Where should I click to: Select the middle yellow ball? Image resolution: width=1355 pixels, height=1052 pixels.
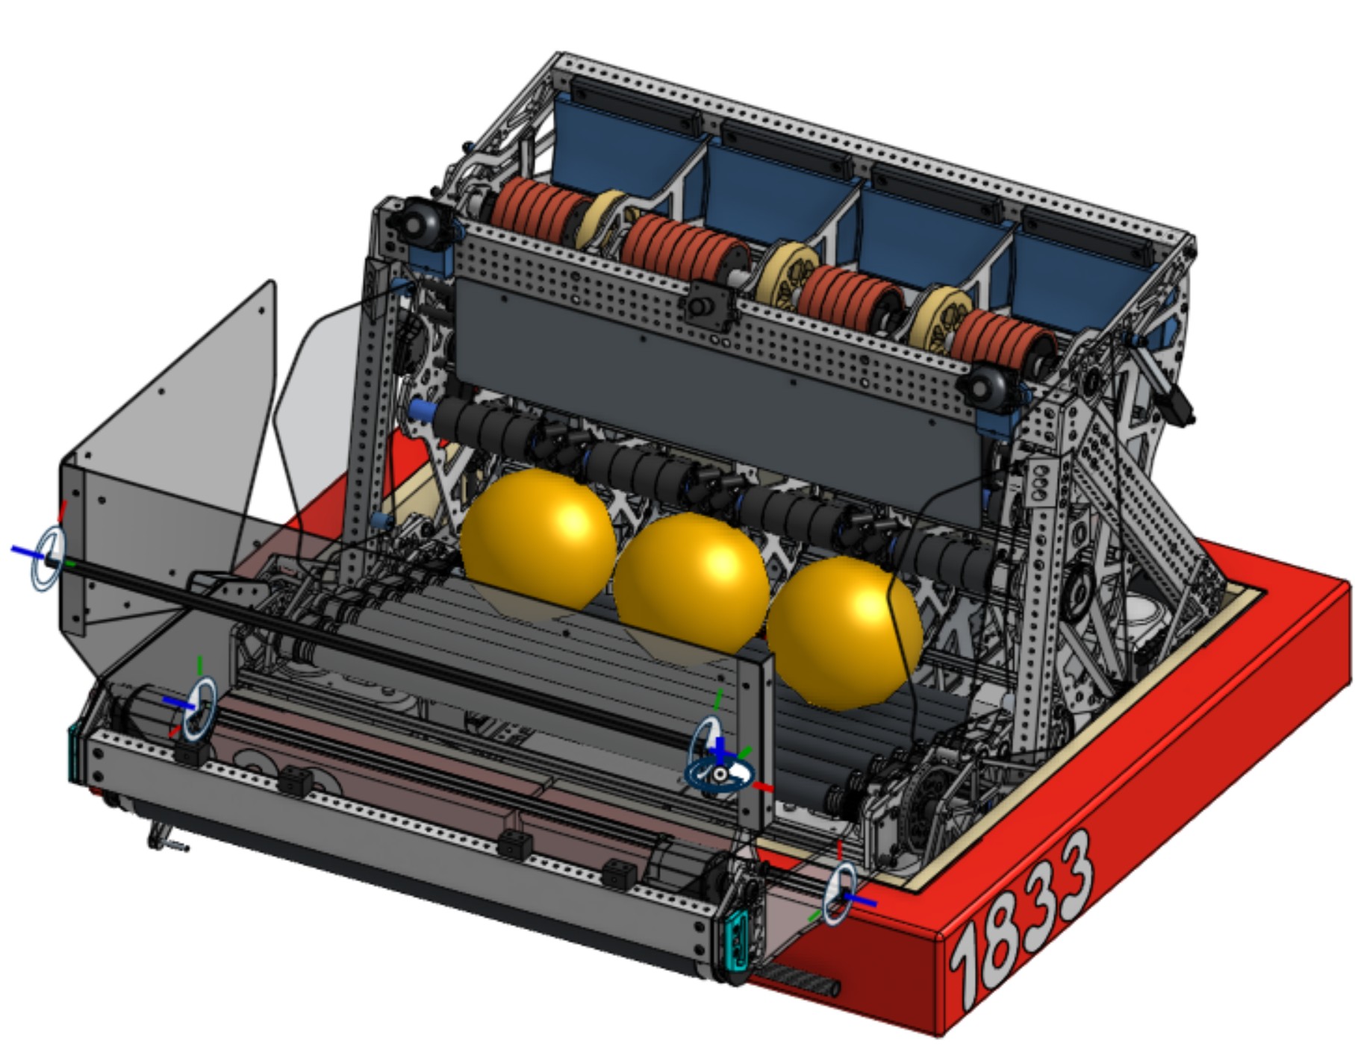[x=691, y=589]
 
